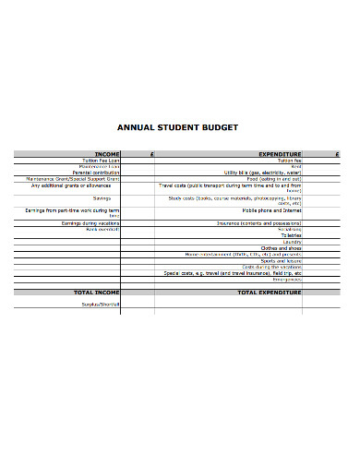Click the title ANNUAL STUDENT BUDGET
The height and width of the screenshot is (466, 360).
180,127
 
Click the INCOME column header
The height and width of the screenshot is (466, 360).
107,154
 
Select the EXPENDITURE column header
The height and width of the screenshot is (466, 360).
281,154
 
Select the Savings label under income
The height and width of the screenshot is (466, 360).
102,198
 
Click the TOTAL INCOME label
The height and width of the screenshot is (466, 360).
97,292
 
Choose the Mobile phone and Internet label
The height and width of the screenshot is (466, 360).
272,210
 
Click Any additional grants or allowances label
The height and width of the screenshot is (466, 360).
76,185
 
